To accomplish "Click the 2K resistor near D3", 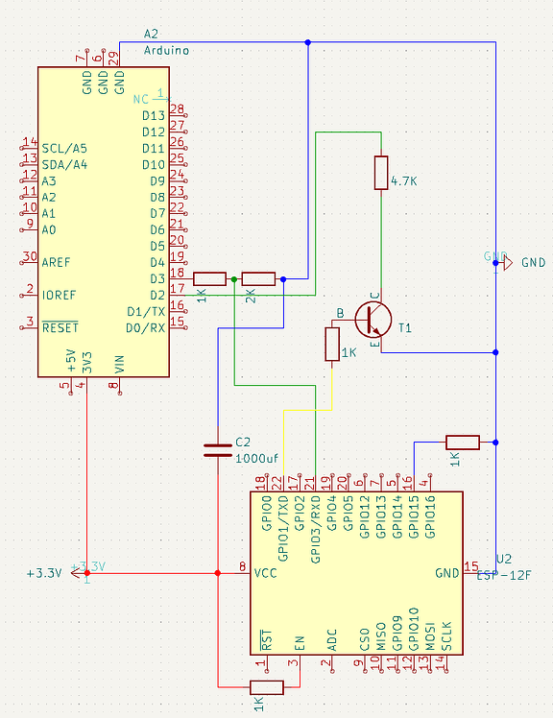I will (x=258, y=279).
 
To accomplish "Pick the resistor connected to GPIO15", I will (x=462, y=442).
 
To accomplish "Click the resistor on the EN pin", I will (x=266, y=686).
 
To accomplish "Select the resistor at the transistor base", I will (x=332, y=345).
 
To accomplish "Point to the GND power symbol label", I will (x=533, y=262).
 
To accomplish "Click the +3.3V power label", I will (x=44, y=573).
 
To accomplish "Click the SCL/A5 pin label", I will (x=64, y=148).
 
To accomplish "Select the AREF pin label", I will (x=56, y=261).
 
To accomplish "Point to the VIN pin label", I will (x=119, y=364).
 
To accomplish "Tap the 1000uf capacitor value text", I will (x=256, y=458).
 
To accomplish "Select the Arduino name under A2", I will (x=166, y=50).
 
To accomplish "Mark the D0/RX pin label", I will (x=146, y=327).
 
